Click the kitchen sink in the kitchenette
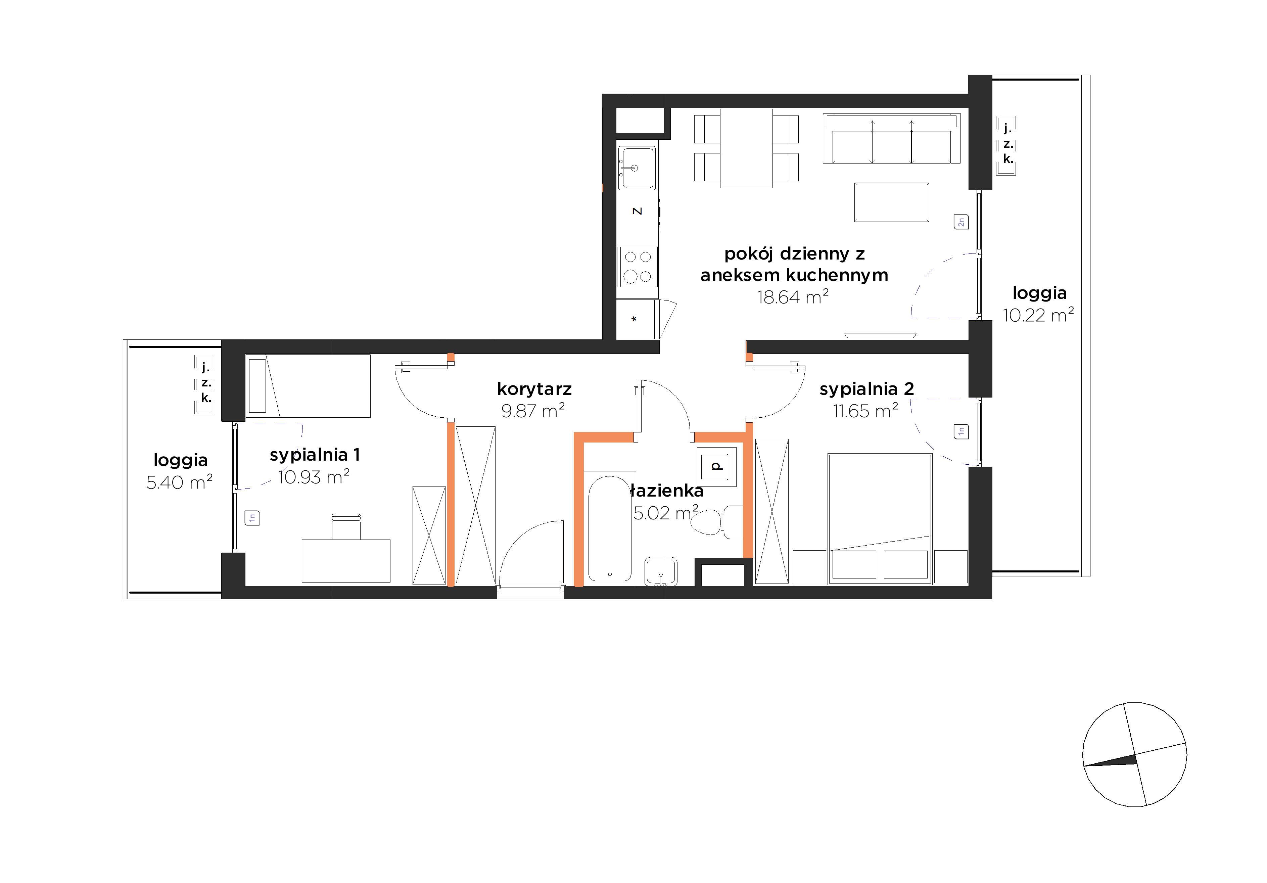point(637,168)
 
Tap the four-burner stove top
point(638,267)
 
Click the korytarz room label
point(534,389)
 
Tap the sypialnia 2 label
point(866,389)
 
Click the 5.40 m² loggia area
point(179,482)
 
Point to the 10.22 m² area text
point(1038,315)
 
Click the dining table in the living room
point(746,148)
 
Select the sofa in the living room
point(892,139)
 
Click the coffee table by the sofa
point(892,202)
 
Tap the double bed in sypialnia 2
point(880,519)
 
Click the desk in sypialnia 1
point(346,561)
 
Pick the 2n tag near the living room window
point(961,222)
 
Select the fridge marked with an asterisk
point(636,319)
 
